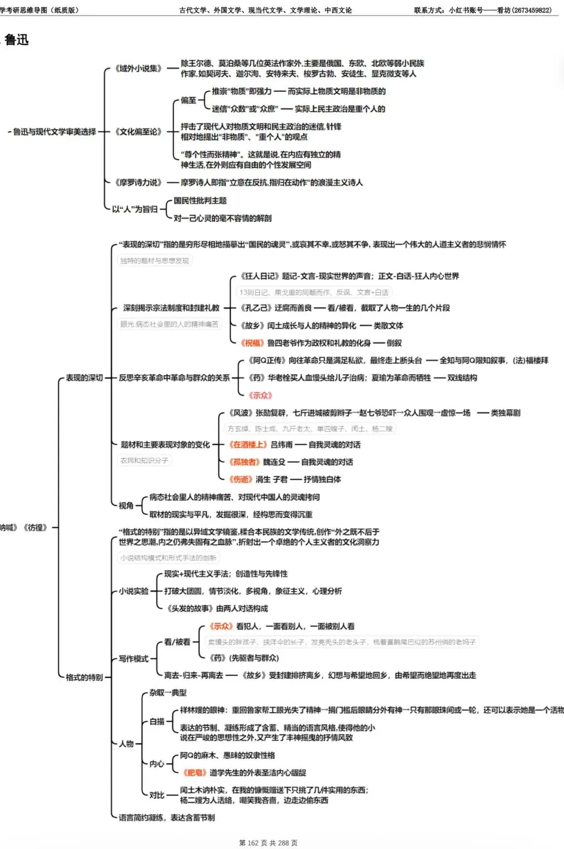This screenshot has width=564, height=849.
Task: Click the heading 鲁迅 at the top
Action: [x=17, y=40]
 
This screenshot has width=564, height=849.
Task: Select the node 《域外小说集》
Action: [x=138, y=68]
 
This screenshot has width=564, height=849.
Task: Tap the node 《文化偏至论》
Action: [x=138, y=132]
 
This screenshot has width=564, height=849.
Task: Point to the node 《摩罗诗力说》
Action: [x=138, y=182]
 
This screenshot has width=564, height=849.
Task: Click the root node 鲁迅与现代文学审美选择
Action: [x=54, y=132]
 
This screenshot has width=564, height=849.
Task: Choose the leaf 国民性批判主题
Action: [x=200, y=201]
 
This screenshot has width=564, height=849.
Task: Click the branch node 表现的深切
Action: [x=84, y=378]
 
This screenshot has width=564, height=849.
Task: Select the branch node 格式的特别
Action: [x=84, y=677]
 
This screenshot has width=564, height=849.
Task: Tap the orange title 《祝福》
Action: [x=252, y=343]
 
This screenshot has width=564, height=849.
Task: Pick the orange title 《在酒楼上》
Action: [x=248, y=445]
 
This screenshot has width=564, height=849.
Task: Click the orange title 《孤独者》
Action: [x=244, y=462]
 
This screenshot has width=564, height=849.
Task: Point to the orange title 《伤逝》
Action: [x=241, y=479]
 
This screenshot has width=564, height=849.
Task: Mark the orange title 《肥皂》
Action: [x=194, y=773]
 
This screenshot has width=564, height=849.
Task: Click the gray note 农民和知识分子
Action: [x=144, y=460]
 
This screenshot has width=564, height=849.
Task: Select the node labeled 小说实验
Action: [x=134, y=591]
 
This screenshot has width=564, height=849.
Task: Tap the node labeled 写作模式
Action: [x=133, y=659]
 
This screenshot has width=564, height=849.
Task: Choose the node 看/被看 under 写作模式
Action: [x=177, y=642]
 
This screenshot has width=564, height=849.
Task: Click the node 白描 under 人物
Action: [x=157, y=722]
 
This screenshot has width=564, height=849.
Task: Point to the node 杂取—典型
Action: [x=168, y=693]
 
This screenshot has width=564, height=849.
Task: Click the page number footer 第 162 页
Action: [x=253, y=843]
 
